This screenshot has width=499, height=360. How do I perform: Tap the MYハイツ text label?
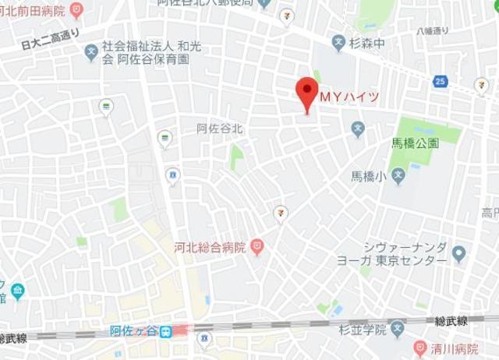[350, 97]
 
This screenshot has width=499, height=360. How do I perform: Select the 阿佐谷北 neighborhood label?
[220, 129]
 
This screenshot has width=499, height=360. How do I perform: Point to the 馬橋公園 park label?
[415, 144]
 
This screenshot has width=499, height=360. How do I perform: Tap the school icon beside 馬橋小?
[398, 176]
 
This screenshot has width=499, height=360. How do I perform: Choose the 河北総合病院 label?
[210, 249]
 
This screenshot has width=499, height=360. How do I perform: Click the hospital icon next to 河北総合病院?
[257, 248]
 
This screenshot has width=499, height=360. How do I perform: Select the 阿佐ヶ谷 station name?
[134, 331]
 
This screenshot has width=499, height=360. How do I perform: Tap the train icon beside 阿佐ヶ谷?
[167, 331]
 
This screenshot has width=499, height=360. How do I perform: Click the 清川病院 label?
[456, 348]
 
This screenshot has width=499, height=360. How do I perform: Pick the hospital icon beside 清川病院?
[421, 348]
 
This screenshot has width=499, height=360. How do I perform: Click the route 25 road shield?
[441, 81]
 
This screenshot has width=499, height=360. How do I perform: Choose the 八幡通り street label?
[433, 31]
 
